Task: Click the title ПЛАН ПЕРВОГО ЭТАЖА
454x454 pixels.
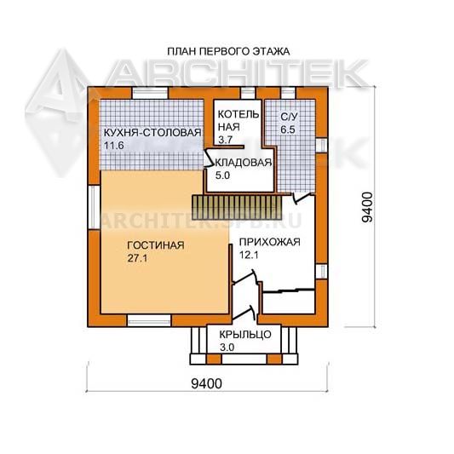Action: coord(228,52)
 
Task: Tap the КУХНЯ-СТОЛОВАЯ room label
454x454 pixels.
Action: coord(152,133)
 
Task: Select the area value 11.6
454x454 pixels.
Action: coord(114,146)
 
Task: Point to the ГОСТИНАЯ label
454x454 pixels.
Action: coord(156,245)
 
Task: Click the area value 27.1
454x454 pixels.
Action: coord(137,258)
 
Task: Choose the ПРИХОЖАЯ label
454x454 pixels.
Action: coord(269,242)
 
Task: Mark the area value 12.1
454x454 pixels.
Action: coord(249,255)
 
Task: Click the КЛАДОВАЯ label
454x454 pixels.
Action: coord(244,163)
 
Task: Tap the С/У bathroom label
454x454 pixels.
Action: coord(289,117)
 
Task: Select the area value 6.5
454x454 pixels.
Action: coord(288,129)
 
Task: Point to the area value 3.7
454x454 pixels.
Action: coord(225,140)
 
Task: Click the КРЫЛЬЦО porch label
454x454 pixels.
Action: coord(245,335)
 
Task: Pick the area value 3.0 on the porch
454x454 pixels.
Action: coord(227,348)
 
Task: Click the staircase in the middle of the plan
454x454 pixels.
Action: coord(237,208)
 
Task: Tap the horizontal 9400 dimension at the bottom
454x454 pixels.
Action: coord(207,383)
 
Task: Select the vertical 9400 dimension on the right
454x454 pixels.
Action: coord(368,207)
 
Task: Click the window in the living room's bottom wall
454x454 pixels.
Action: coord(149,321)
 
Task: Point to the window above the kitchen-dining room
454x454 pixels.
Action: coord(150,93)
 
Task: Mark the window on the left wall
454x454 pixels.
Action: coord(94,207)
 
